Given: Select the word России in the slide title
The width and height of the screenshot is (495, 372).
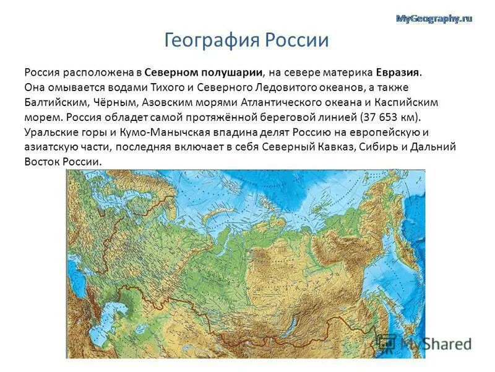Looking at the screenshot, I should click(297, 41).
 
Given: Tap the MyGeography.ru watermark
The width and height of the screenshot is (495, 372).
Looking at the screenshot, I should click(433, 19).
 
